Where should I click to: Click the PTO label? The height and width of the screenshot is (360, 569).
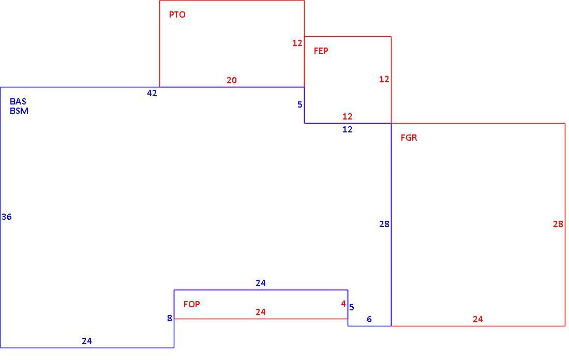click(177, 14)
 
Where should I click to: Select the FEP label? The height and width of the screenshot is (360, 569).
click(321, 51)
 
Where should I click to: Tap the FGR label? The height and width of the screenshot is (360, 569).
click(409, 138)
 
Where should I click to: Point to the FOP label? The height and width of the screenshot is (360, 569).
click(191, 304)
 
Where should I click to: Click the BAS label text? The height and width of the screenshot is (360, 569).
click(18, 101)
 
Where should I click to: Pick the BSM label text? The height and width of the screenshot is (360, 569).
click(19, 111)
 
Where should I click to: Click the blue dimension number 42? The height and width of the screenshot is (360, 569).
click(152, 93)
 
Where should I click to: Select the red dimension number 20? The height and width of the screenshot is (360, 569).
click(232, 80)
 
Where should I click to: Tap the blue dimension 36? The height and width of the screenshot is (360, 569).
click(7, 217)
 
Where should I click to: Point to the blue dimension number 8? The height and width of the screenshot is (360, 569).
click(170, 318)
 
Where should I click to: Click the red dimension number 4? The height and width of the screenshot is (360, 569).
click(343, 304)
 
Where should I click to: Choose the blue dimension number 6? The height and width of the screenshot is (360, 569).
click(369, 319)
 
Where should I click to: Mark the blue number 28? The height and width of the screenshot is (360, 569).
click(384, 224)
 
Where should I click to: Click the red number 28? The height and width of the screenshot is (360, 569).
click(558, 224)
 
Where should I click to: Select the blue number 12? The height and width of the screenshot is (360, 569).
click(347, 129)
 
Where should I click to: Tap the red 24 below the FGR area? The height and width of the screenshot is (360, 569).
click(477, 319)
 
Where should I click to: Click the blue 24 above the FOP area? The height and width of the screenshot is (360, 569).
click(261, 283)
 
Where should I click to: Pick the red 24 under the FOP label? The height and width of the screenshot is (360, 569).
click(261, 312)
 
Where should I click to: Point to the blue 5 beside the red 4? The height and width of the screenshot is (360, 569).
click(351, 307)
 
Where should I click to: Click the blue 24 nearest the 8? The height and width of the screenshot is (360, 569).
click(87, 341)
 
